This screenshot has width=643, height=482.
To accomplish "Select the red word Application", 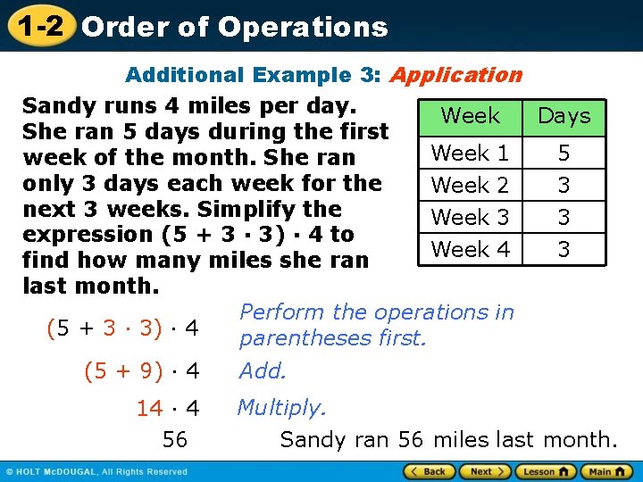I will pyautogui.click(x=455, y=75).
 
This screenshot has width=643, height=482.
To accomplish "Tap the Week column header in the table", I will pyautogui.click(x=471, y=115).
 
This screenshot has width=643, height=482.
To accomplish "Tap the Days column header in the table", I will pyautogui.click(x=564, y=116).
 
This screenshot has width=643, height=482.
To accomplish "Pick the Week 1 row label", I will pyautogui.click(x=471, y=153).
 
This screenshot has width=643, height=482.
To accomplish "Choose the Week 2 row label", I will pyautogui.click(x=471, y=185).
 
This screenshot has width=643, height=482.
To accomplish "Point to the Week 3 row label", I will pyautogui.click(x=471, y=217).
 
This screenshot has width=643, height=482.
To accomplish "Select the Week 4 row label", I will pyautogui.click(x=471, y=249).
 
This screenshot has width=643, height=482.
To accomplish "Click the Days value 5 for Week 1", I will pyautogui.click(x=564, y=153).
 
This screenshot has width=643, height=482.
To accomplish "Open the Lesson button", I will pyautogui.click(x=546, y=471).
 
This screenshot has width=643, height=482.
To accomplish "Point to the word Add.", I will pyautogui.click(x=263, y=370).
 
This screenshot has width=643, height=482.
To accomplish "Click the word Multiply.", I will pyautogui.click(x=282, y=408).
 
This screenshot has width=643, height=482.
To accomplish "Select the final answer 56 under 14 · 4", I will pyautogui.click(x=175, y=439).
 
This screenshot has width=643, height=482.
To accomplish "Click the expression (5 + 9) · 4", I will pyautogui.click(x=141, y=370).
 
